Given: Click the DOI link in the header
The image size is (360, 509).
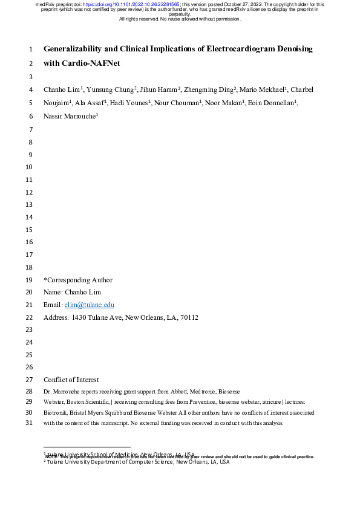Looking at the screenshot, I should click(x=132, y=4).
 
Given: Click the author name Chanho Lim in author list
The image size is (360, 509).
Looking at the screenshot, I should click(x=61, y=89).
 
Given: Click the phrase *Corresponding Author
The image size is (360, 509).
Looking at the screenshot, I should click(x=78, y=280).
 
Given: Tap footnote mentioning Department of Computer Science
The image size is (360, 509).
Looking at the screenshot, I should click(x=138, y=461).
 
